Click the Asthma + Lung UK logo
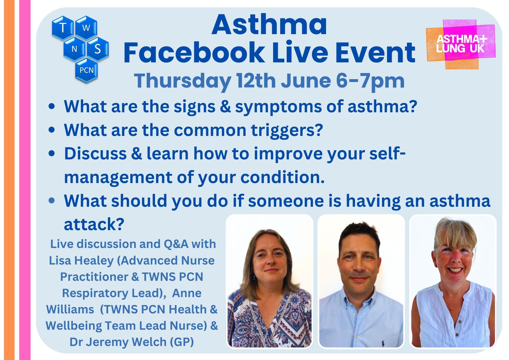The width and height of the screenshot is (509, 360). tap(461, 44)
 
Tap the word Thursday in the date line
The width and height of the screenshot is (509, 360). tap(182, 81)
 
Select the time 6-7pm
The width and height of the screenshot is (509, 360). tap(370, 81)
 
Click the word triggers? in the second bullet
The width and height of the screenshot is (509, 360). tap(287, 130)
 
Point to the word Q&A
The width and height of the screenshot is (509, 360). tap(176, 244)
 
